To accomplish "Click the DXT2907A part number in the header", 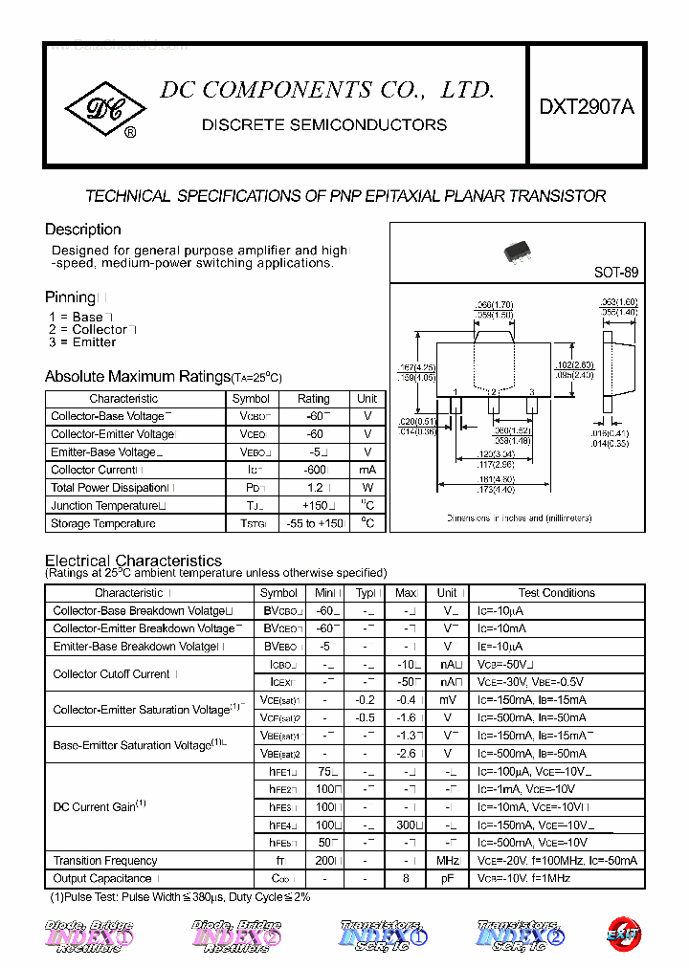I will [x=586, y=108].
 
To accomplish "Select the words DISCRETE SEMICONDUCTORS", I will [x=324, y=125].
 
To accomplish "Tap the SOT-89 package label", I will [x=615, y=272].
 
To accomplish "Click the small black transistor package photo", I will [x=524, y=251].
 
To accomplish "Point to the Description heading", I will [x=83, y=230].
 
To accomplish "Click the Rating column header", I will [x=313, y=398].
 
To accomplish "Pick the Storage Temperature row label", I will [x=103, y=523].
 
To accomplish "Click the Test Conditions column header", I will [x=556, y=593].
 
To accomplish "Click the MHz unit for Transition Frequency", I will [x=447, y=861].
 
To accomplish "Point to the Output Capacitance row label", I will [x=102, y=878].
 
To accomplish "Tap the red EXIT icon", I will [x=623, y=935].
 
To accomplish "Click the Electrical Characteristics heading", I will [x=133, y=561].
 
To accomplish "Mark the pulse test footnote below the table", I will [x=180, y=897].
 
